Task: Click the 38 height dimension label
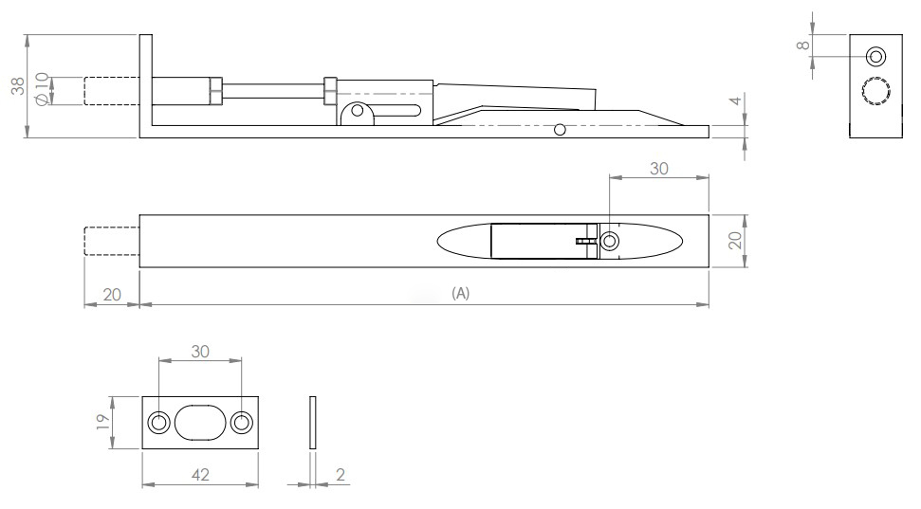point(17,86)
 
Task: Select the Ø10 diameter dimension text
point(41,91)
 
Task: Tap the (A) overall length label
point(460,294)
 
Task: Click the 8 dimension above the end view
point(802,44)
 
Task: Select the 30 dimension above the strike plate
point(200,350)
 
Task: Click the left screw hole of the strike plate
point(158,423)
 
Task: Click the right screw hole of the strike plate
point(242,423)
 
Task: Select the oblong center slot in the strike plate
point(200,423)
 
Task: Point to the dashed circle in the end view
point(875,91)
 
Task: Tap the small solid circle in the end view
point(875,55)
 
